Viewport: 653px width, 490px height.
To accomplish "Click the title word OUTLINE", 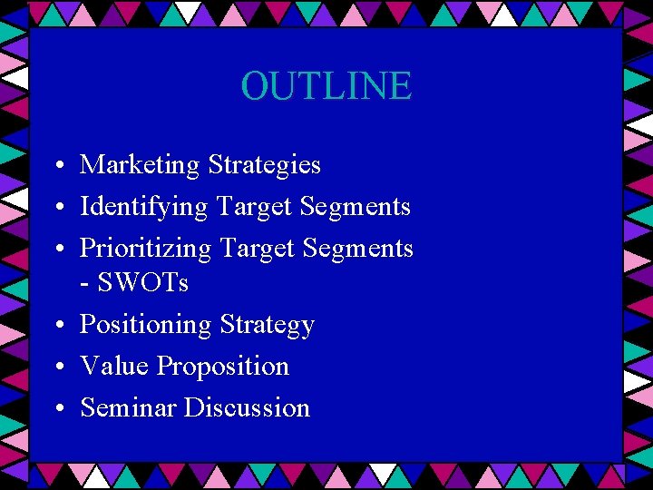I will pos(326,86).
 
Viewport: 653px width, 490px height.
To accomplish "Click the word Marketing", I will pos(140,165).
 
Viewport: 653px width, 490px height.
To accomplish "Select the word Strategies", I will pos(264,165).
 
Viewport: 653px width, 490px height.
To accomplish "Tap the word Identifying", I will pos(144,207).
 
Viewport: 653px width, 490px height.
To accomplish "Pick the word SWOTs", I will pos(142,283).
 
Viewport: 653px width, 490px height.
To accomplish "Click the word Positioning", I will pos(146,325).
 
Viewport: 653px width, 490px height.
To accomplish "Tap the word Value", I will pos(114,366).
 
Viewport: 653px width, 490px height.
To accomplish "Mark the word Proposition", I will pos(223,367).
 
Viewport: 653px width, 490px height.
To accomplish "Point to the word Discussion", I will pos(247,407).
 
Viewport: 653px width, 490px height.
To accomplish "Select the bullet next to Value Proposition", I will pos(57,367).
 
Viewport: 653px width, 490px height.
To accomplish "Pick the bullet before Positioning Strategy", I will pos(57,326).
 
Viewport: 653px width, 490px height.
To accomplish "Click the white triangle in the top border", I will pos(188,11).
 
